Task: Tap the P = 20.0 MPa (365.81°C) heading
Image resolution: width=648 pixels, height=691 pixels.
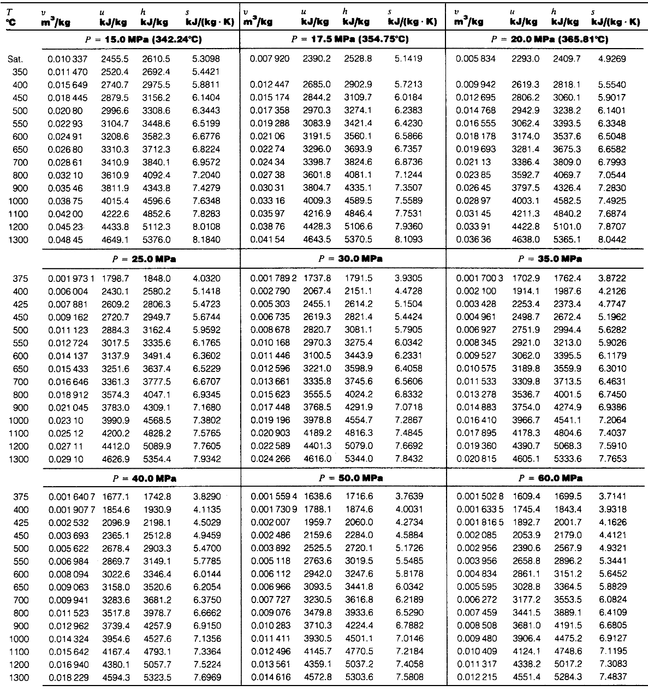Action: (x=550, y=39)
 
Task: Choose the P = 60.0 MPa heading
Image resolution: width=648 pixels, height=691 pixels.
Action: (x=550, y=477)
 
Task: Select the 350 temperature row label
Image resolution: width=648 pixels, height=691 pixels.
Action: (x=20, y=72)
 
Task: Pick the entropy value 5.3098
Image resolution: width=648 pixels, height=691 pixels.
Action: (x=205, y=58)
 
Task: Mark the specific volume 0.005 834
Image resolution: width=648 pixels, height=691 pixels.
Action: (x=473, y=58)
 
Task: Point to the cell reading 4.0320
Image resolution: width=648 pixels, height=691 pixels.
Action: (x=205, y=278)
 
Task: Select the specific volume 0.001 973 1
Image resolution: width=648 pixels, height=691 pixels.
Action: (x=71, y=278)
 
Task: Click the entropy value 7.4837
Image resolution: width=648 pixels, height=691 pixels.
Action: (x=611, y=677)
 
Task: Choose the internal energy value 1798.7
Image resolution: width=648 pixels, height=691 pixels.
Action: (x=115, y=278)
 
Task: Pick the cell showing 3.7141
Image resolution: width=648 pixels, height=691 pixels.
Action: (x=611, y=496)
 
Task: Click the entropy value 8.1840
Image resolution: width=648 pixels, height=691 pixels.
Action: (x=205, y=239)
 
